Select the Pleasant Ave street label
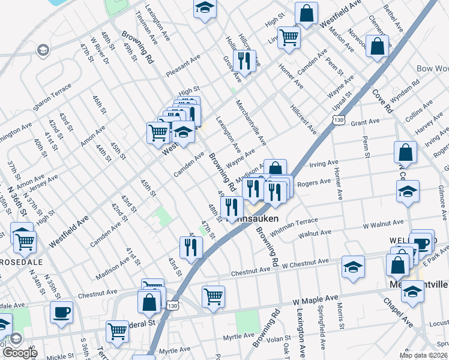(x=183, y=63)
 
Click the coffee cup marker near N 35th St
(x=61, y=312)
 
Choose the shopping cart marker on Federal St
(x=117, y=330)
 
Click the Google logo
(x=19, y=352)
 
